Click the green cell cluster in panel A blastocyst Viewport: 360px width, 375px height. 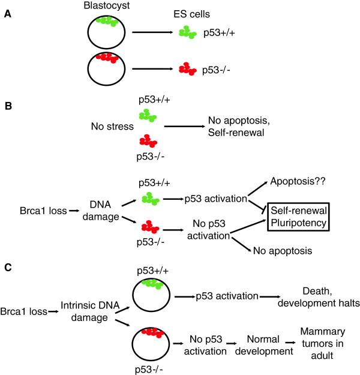(107, 22)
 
